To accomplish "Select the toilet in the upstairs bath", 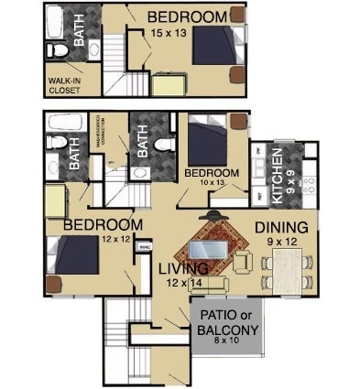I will point(59,50).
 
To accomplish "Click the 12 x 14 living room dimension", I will point(183,284).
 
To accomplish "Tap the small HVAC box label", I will point(144,246).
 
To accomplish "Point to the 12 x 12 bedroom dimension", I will point(117,239).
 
